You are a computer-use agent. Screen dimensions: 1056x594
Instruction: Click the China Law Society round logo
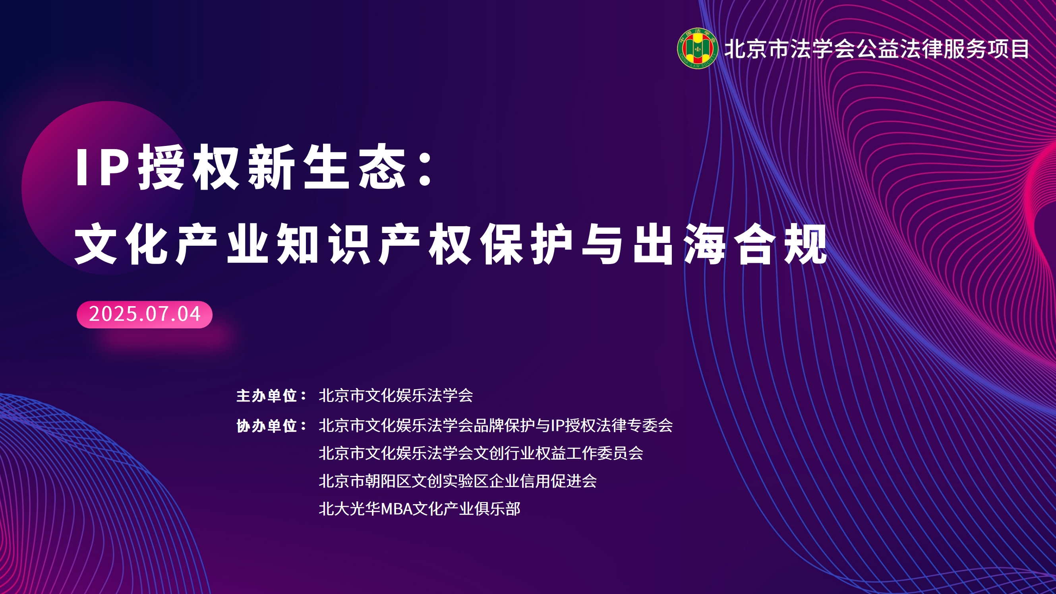(697, 49)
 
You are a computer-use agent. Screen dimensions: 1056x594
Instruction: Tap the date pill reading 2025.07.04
(144, 314)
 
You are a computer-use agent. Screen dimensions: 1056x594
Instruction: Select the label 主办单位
(267, 396)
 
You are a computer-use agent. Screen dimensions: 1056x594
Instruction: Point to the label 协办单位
(267, 426)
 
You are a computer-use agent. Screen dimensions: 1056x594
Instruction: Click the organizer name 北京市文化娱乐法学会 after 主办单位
(396, 396)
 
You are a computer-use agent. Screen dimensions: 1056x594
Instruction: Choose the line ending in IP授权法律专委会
(495, 425)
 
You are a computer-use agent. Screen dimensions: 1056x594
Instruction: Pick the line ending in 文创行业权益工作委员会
(481, 453)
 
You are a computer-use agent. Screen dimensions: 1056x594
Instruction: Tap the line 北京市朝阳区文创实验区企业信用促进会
(458, 481)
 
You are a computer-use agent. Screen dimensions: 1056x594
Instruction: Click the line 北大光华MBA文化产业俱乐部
(420, 509)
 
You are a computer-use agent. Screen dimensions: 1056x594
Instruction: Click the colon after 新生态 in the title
(426, 168)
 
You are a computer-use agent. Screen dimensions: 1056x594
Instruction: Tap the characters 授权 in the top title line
(189, 167)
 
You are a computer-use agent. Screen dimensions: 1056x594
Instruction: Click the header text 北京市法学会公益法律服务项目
(876, 49)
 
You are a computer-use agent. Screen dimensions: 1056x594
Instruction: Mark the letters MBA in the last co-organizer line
(397, 509)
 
